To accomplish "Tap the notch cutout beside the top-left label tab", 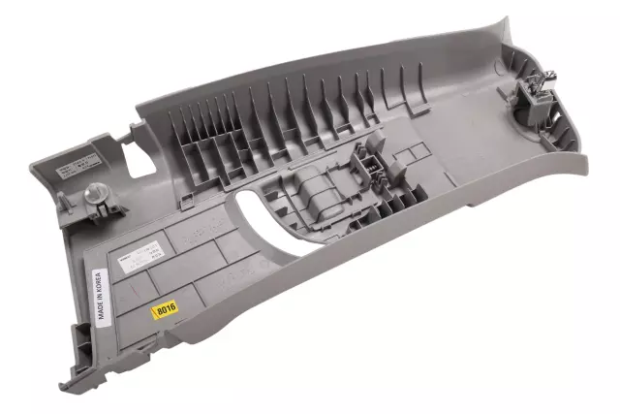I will (126, 145).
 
